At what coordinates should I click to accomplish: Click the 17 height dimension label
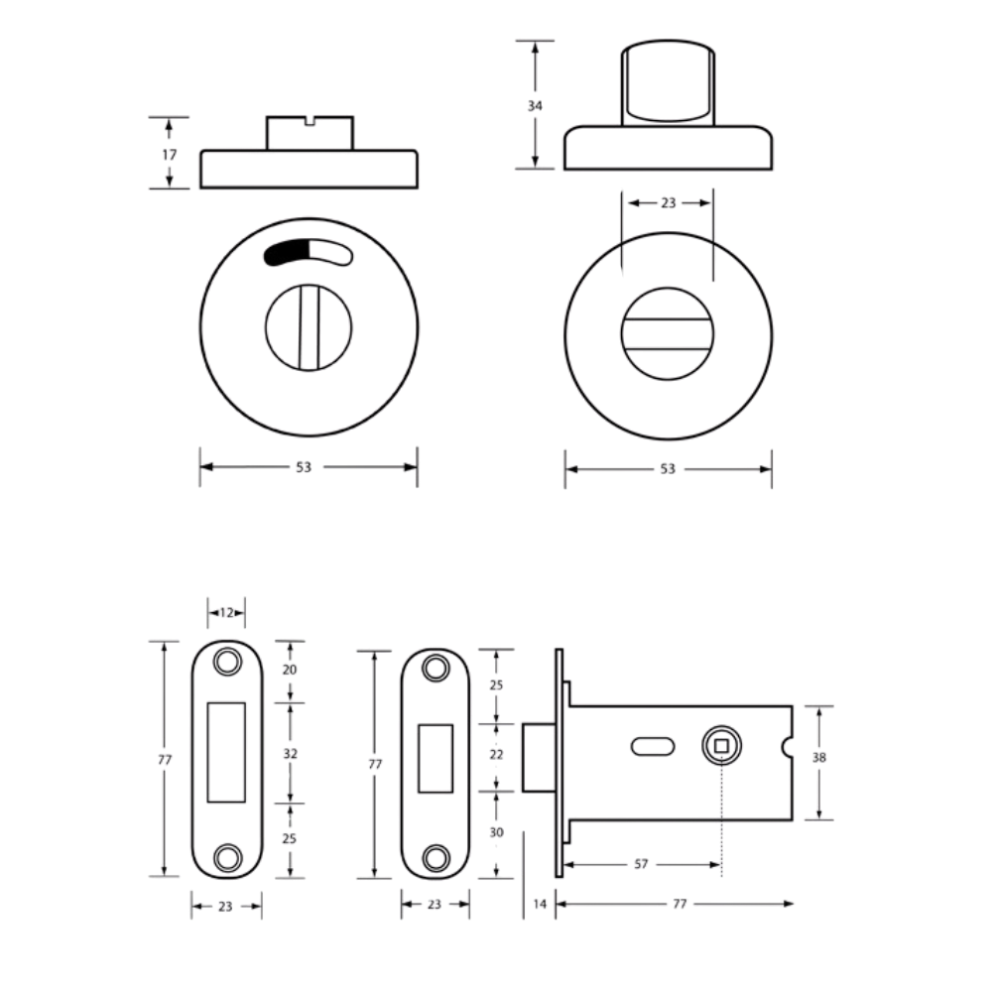click(x=169, y=155)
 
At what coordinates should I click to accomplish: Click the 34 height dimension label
click(x=535, y=106)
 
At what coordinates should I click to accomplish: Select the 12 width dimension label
click(x=226, y=612)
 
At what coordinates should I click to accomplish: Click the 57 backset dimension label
click(x=641, y=864)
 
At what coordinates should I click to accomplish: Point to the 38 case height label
click(x=818, y=757)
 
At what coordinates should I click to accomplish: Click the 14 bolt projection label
click(x=539, y=904)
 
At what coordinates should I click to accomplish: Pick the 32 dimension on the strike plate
click(x=290, y=754)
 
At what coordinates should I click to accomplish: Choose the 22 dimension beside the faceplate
click(x=496, y=754)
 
